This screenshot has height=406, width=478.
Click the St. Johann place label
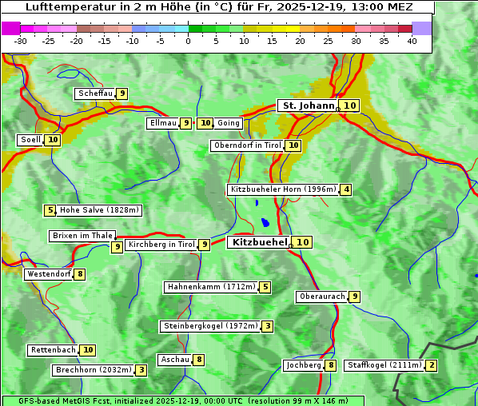(308, 105)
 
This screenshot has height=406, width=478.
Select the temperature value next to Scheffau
(121, 94)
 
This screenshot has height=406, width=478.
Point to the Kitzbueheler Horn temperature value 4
(345, 189)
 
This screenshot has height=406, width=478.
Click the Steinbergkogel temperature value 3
(267, 326)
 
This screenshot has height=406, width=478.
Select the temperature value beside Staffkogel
(432, 365)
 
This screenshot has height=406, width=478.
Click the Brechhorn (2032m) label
(94, 370)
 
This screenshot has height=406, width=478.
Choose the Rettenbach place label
(54, 350)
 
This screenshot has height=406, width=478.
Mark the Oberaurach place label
(321, 297)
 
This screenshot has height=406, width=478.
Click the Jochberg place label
(303, 365)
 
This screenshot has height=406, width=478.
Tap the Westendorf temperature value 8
(79, 274)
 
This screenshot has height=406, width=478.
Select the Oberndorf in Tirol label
(248, 145)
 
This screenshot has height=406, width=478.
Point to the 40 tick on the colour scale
(412, 41)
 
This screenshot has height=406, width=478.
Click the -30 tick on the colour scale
(21, 41)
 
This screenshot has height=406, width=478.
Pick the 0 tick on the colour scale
(189, 41)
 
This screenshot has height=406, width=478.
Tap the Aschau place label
(174, 360)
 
